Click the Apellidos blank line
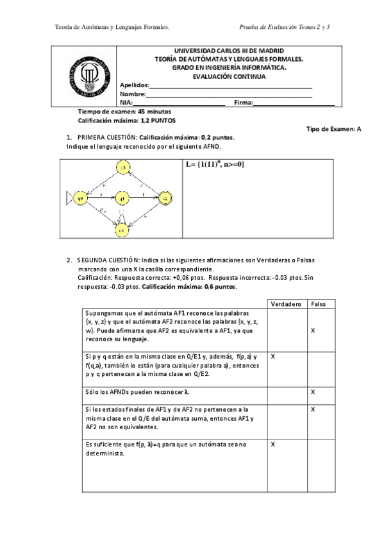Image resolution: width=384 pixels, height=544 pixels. coord(231,86)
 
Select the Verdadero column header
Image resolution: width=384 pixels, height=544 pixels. coord(285,303)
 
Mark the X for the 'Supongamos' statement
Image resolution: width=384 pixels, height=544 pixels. coord(313,330)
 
